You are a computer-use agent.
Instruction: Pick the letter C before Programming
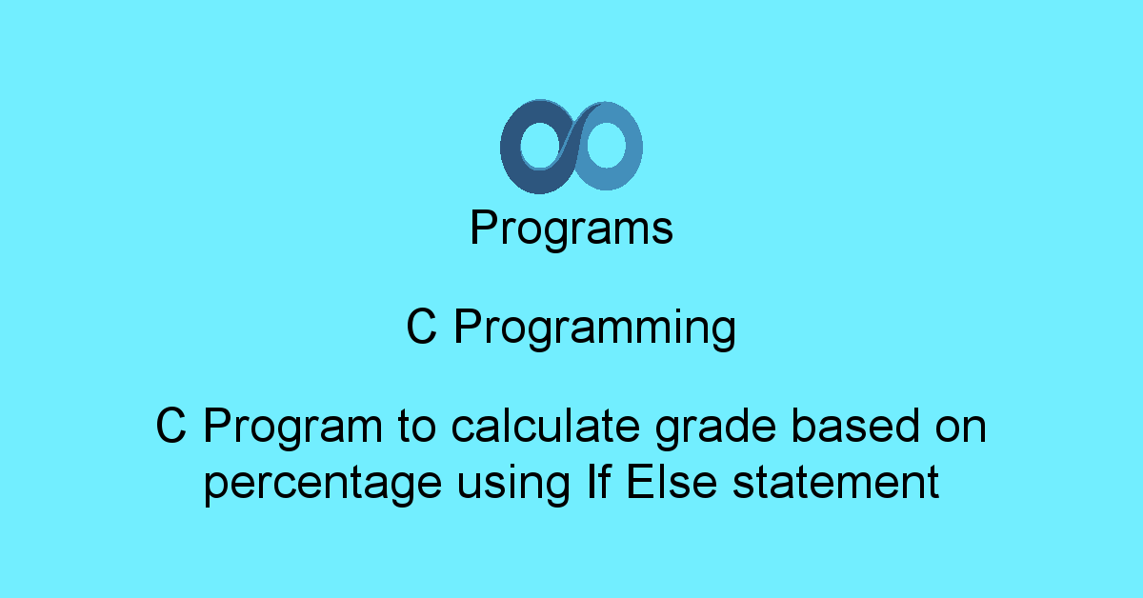tap(422, 329)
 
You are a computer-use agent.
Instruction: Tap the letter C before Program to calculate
tap(170, 428)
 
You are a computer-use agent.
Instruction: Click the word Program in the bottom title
tap(289, 429)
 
